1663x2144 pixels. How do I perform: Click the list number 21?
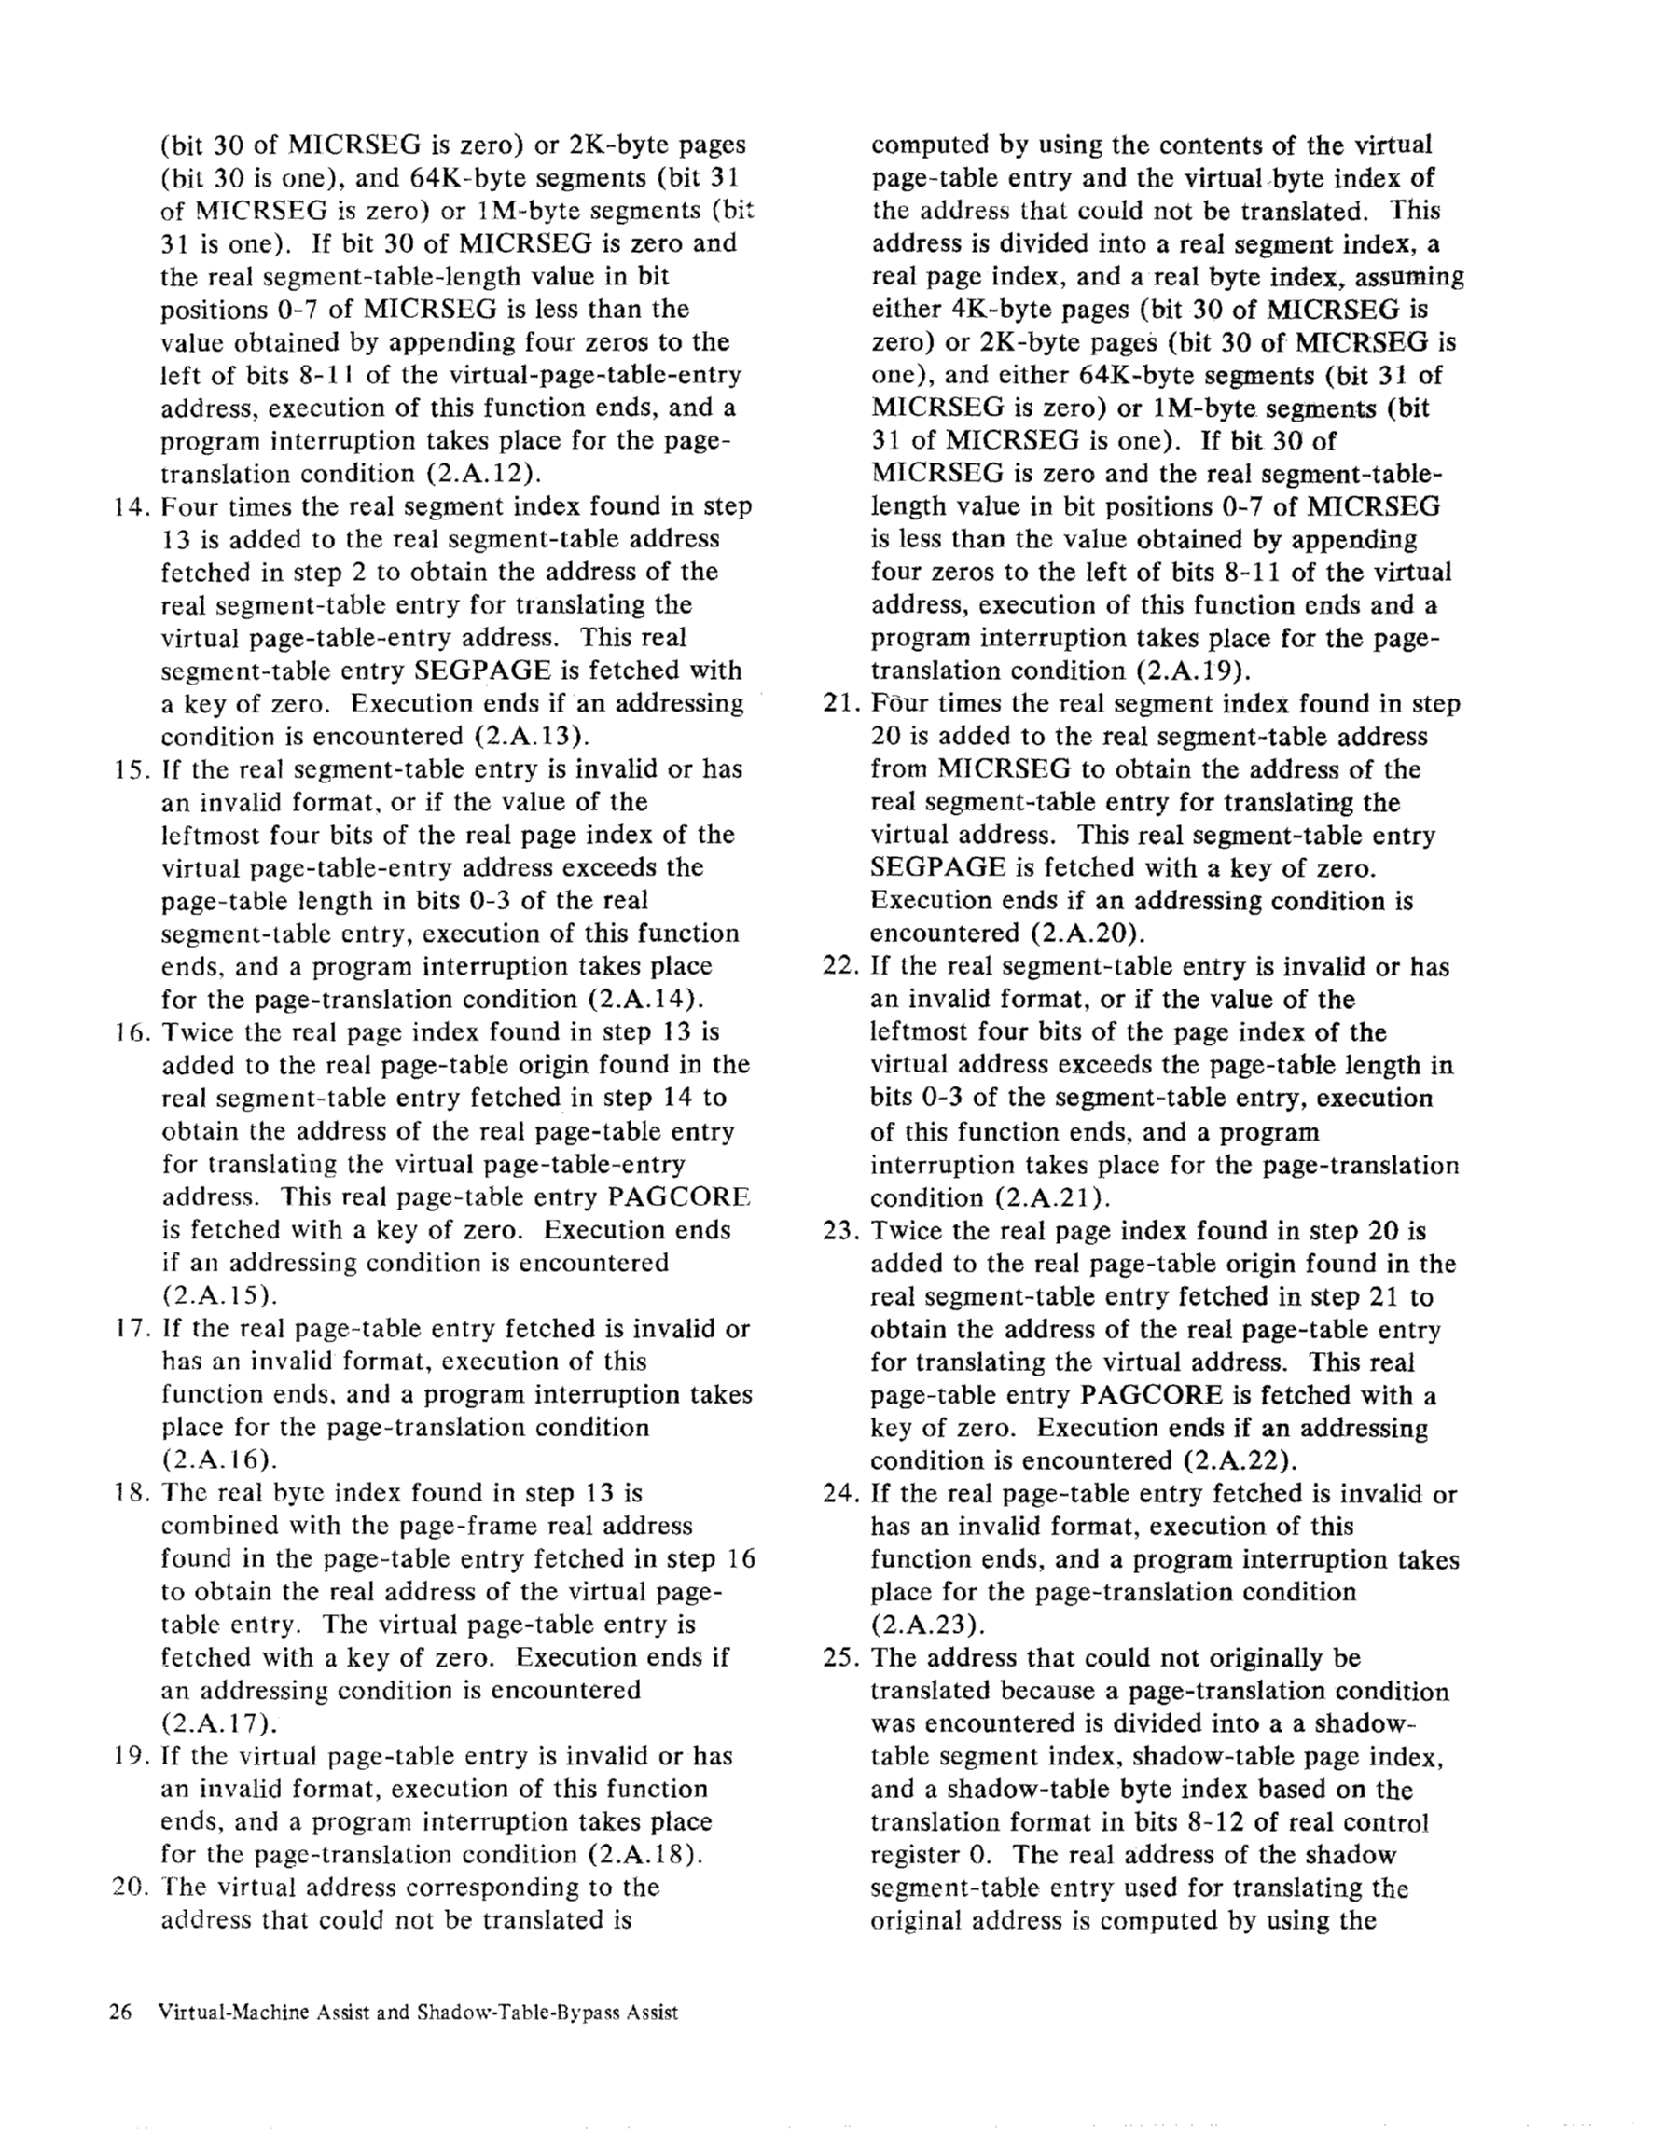tap(840, 705)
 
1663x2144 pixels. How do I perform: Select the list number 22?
tap(840, 967)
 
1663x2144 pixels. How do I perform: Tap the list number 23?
tap(840, 1231)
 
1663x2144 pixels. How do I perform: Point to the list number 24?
tap(840, 1494)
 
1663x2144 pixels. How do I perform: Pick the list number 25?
tap(840, 1658)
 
